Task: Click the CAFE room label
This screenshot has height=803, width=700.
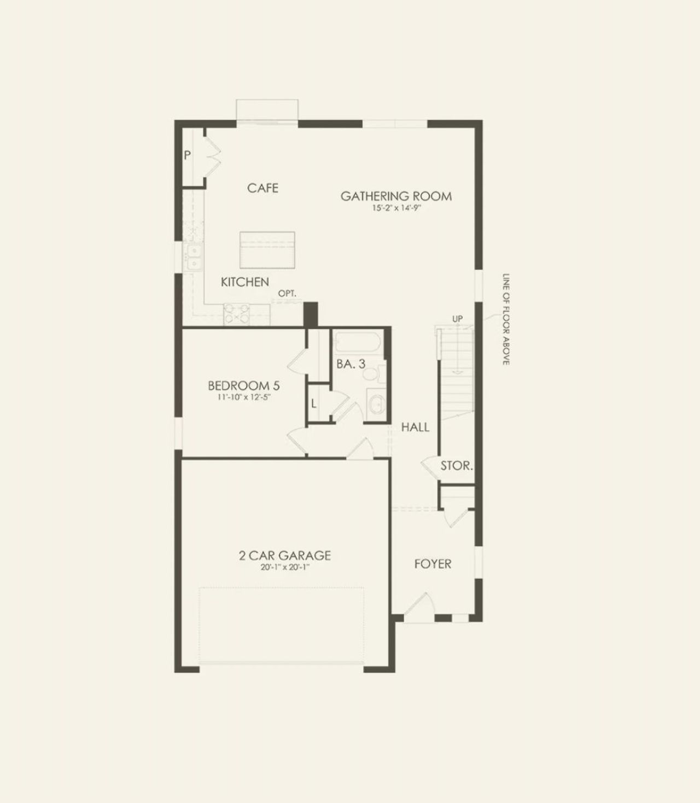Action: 262,188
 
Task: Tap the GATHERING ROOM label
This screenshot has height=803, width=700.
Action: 396,196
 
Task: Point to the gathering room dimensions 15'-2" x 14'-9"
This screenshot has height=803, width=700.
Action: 396,208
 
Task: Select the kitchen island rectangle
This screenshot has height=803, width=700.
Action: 267,249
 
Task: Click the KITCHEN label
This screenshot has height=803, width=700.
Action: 244,282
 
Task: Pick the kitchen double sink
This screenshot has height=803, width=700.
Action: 194,257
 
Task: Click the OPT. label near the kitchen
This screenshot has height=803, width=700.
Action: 287,294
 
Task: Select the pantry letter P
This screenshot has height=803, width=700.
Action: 187,156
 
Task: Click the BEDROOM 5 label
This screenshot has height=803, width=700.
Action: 243,386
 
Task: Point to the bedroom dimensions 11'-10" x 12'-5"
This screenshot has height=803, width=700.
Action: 243,397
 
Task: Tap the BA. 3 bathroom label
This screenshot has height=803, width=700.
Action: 351,364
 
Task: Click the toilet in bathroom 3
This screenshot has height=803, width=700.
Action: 371,376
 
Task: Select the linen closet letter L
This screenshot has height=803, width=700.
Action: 314,405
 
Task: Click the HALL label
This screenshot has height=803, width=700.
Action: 415,427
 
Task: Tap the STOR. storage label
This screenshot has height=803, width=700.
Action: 457,466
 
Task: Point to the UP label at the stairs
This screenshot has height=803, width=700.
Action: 457,319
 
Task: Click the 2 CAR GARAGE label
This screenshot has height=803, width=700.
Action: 285,555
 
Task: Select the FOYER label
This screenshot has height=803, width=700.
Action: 433,564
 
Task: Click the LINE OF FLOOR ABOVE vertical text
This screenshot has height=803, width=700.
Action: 506,319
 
